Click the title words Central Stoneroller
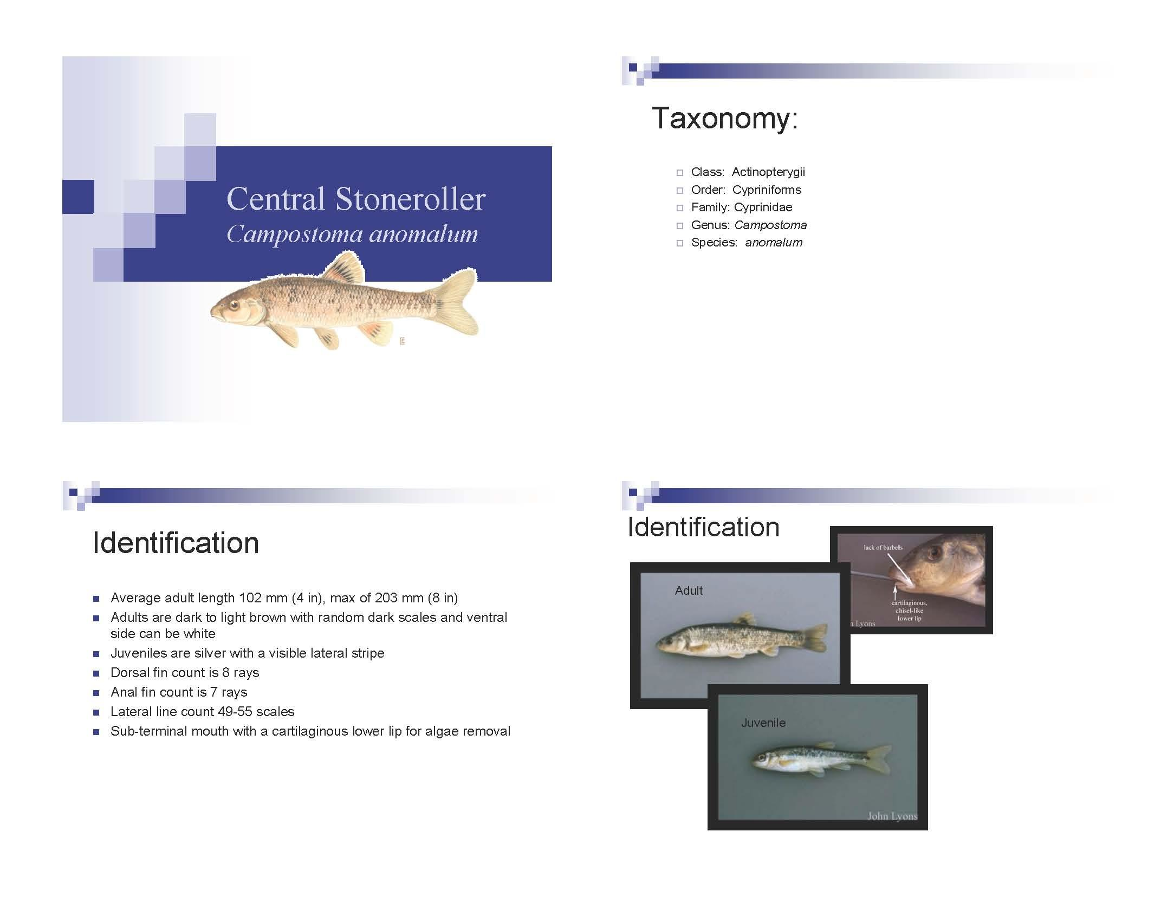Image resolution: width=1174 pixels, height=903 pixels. tap(355, 199)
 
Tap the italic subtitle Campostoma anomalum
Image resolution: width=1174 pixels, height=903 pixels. tap(352, 234)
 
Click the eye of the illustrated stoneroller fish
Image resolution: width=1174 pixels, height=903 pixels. tap(234, 306)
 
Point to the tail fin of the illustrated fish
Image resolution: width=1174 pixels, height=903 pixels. tap(458, 302)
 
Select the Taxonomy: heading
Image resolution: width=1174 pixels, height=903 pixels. tap(724, 118)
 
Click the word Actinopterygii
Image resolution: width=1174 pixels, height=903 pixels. tap(768, 172)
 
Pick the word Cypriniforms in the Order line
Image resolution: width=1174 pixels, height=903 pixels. tap(766, 190)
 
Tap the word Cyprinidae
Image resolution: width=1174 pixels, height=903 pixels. tap(762, 207)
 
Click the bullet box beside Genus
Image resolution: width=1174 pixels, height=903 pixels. tap(679, 226)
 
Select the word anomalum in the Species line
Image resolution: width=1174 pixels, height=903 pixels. tap(773, 243)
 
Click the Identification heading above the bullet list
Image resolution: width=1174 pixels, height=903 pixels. tap(176, 543)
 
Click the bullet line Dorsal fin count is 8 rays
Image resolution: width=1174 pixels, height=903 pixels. tap(185, 673)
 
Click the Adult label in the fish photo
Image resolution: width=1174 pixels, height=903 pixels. tap(688, 591)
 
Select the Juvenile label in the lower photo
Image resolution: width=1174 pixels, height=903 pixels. tap(763, 723)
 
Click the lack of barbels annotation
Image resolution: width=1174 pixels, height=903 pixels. tap(883, 547)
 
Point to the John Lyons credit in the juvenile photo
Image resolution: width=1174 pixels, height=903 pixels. tap(892, 816)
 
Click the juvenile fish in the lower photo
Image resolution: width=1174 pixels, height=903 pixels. tap(818, 758)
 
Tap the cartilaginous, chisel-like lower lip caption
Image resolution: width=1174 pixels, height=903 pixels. tap(909, 610)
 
